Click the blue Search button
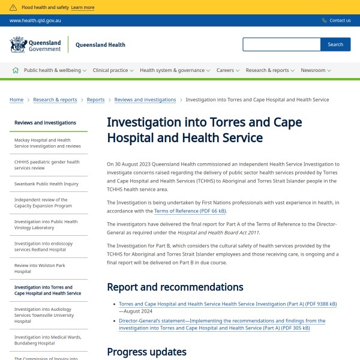pyautogui.click(x=335, y=44)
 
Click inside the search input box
pyautogui.click(x=281, y=44)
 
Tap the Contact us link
pyautogui.click(x=340, y=20)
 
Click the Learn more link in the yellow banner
pyautogui.click(x=82, y=8)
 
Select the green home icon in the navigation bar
pyautogui.click(x=16, y=70)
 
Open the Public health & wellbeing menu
pyautogui.click(x=55, y=70)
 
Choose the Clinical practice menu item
pyautogui.click(x=113, y=70)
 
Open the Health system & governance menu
pyautogui.click(x=175, y=70)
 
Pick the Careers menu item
pyautogui.click(x=227, y=70)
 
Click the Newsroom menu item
pyautogui.click(x=316, y=70)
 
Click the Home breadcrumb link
pyautogui.click(x=17, y=100)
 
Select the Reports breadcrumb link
pyautogui.click(x=95, y=100)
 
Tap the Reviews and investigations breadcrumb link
pyautogui.click(x=145, y=100)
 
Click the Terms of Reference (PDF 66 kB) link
pyautogui.click(x=190, y=211)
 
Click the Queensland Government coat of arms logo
pyautogui.click(x=19, y=44)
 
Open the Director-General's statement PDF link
pyautogui.click(x=222, y=325)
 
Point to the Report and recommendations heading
pyautogui.click(x=175, y=287)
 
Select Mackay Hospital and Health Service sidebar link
pyautogui.click(x=47, y=143)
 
